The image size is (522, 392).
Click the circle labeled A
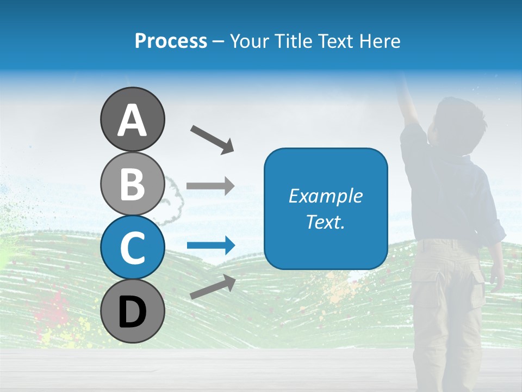point(133,119)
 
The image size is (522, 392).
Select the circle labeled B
point(133,183)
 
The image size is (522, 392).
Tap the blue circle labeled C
point(133,248)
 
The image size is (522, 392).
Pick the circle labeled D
point(133,311)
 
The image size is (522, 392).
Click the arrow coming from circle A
point(212,139)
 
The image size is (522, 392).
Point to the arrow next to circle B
point(210,186)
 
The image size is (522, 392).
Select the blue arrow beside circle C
point(210,246)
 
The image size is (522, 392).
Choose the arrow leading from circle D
point(213,286)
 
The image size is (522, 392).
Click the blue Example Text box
point(326,209)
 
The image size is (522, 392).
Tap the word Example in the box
point(326,196)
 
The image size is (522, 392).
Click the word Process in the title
point(171,41)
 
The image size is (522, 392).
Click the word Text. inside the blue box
point(326,222)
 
